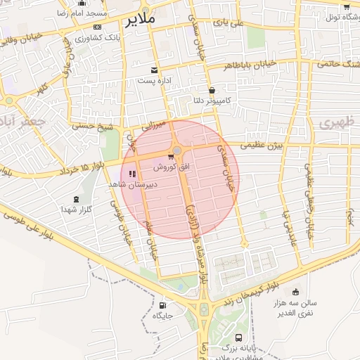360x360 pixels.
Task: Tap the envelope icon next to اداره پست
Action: (155, 69)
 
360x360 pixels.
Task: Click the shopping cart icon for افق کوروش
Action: (170, 157)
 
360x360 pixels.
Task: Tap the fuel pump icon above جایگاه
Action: (163, 306)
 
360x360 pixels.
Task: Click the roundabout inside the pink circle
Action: (177, 150)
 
